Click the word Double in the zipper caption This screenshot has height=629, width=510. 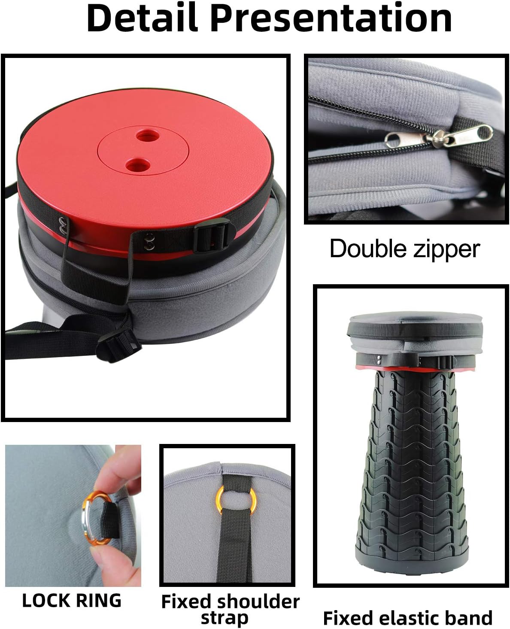point(366,249)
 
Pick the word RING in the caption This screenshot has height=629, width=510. point(99,600)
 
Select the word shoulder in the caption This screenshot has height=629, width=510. point(260,602)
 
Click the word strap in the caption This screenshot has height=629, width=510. point(225,618)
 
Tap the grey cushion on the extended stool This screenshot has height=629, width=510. point(415,326)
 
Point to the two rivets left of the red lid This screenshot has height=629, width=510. point(64,226)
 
